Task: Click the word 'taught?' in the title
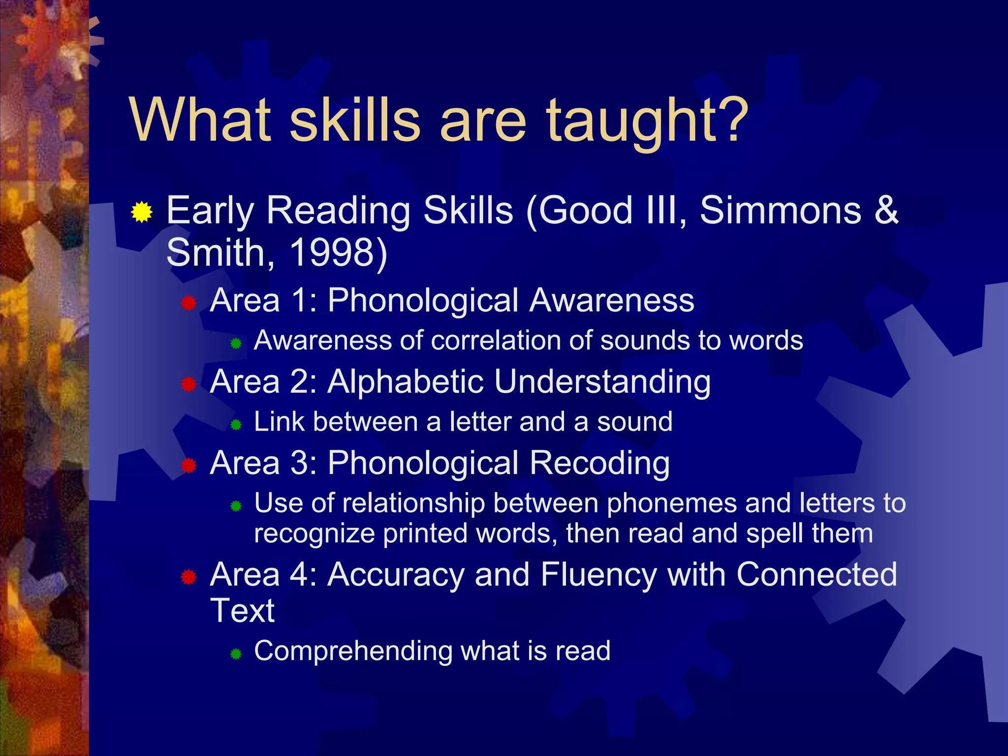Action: pyautogui.click(x=647, y=121)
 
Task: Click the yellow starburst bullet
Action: pyautogui.click(x=142, y=212)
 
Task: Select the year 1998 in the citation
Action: pyautogui.click(x=333, y=252)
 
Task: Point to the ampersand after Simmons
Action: pyautogui.click(x=886, y=211)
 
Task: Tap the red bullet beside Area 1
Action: pyautogui.click(x=189, y=303)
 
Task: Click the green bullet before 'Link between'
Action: pyautogui.click(x=236, y=424)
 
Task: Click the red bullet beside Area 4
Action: pyautogui.click(x=189, y=577)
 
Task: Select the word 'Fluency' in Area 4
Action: pyautogui.click(x=598, y=574)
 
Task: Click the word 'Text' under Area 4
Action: pyautogui.click(x=242, y=611)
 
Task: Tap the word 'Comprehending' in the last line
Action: pyautogui.click(x=353, y=651)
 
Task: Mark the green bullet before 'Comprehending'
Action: pyautogui.click(x=236, y=654)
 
